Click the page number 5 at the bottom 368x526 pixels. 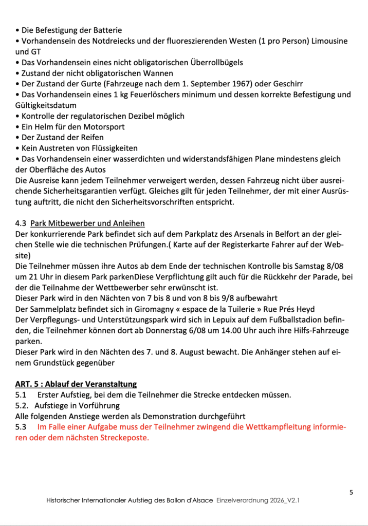pyautogui.click(x=351, y=492)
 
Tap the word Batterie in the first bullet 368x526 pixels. pyautogui.click(x=106, y=30)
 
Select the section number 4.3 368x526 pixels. pyautogui.click(x=22, y=223)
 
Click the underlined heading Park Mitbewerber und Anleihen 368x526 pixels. pyautogui.click(x=87, y=223)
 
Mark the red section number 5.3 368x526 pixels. pyautogui.click(x=22, y=427)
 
